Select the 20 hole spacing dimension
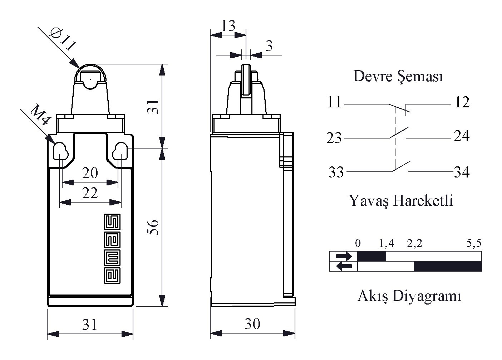pos(90,174)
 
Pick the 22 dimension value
pos(90,194)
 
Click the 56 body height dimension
pos(153,227)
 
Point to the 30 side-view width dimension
pos(252,324)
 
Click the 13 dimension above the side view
pos(228,26)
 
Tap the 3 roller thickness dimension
pos(269,46)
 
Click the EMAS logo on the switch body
pos(113,249)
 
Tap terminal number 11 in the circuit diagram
pos(334,103)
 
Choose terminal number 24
pos(462,136)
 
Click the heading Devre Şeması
pos(398,76)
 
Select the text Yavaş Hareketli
pos(401,201)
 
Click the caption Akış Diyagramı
pos(409,296)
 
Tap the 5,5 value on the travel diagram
pos(474,244)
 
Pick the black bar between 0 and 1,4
pos(372,256)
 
